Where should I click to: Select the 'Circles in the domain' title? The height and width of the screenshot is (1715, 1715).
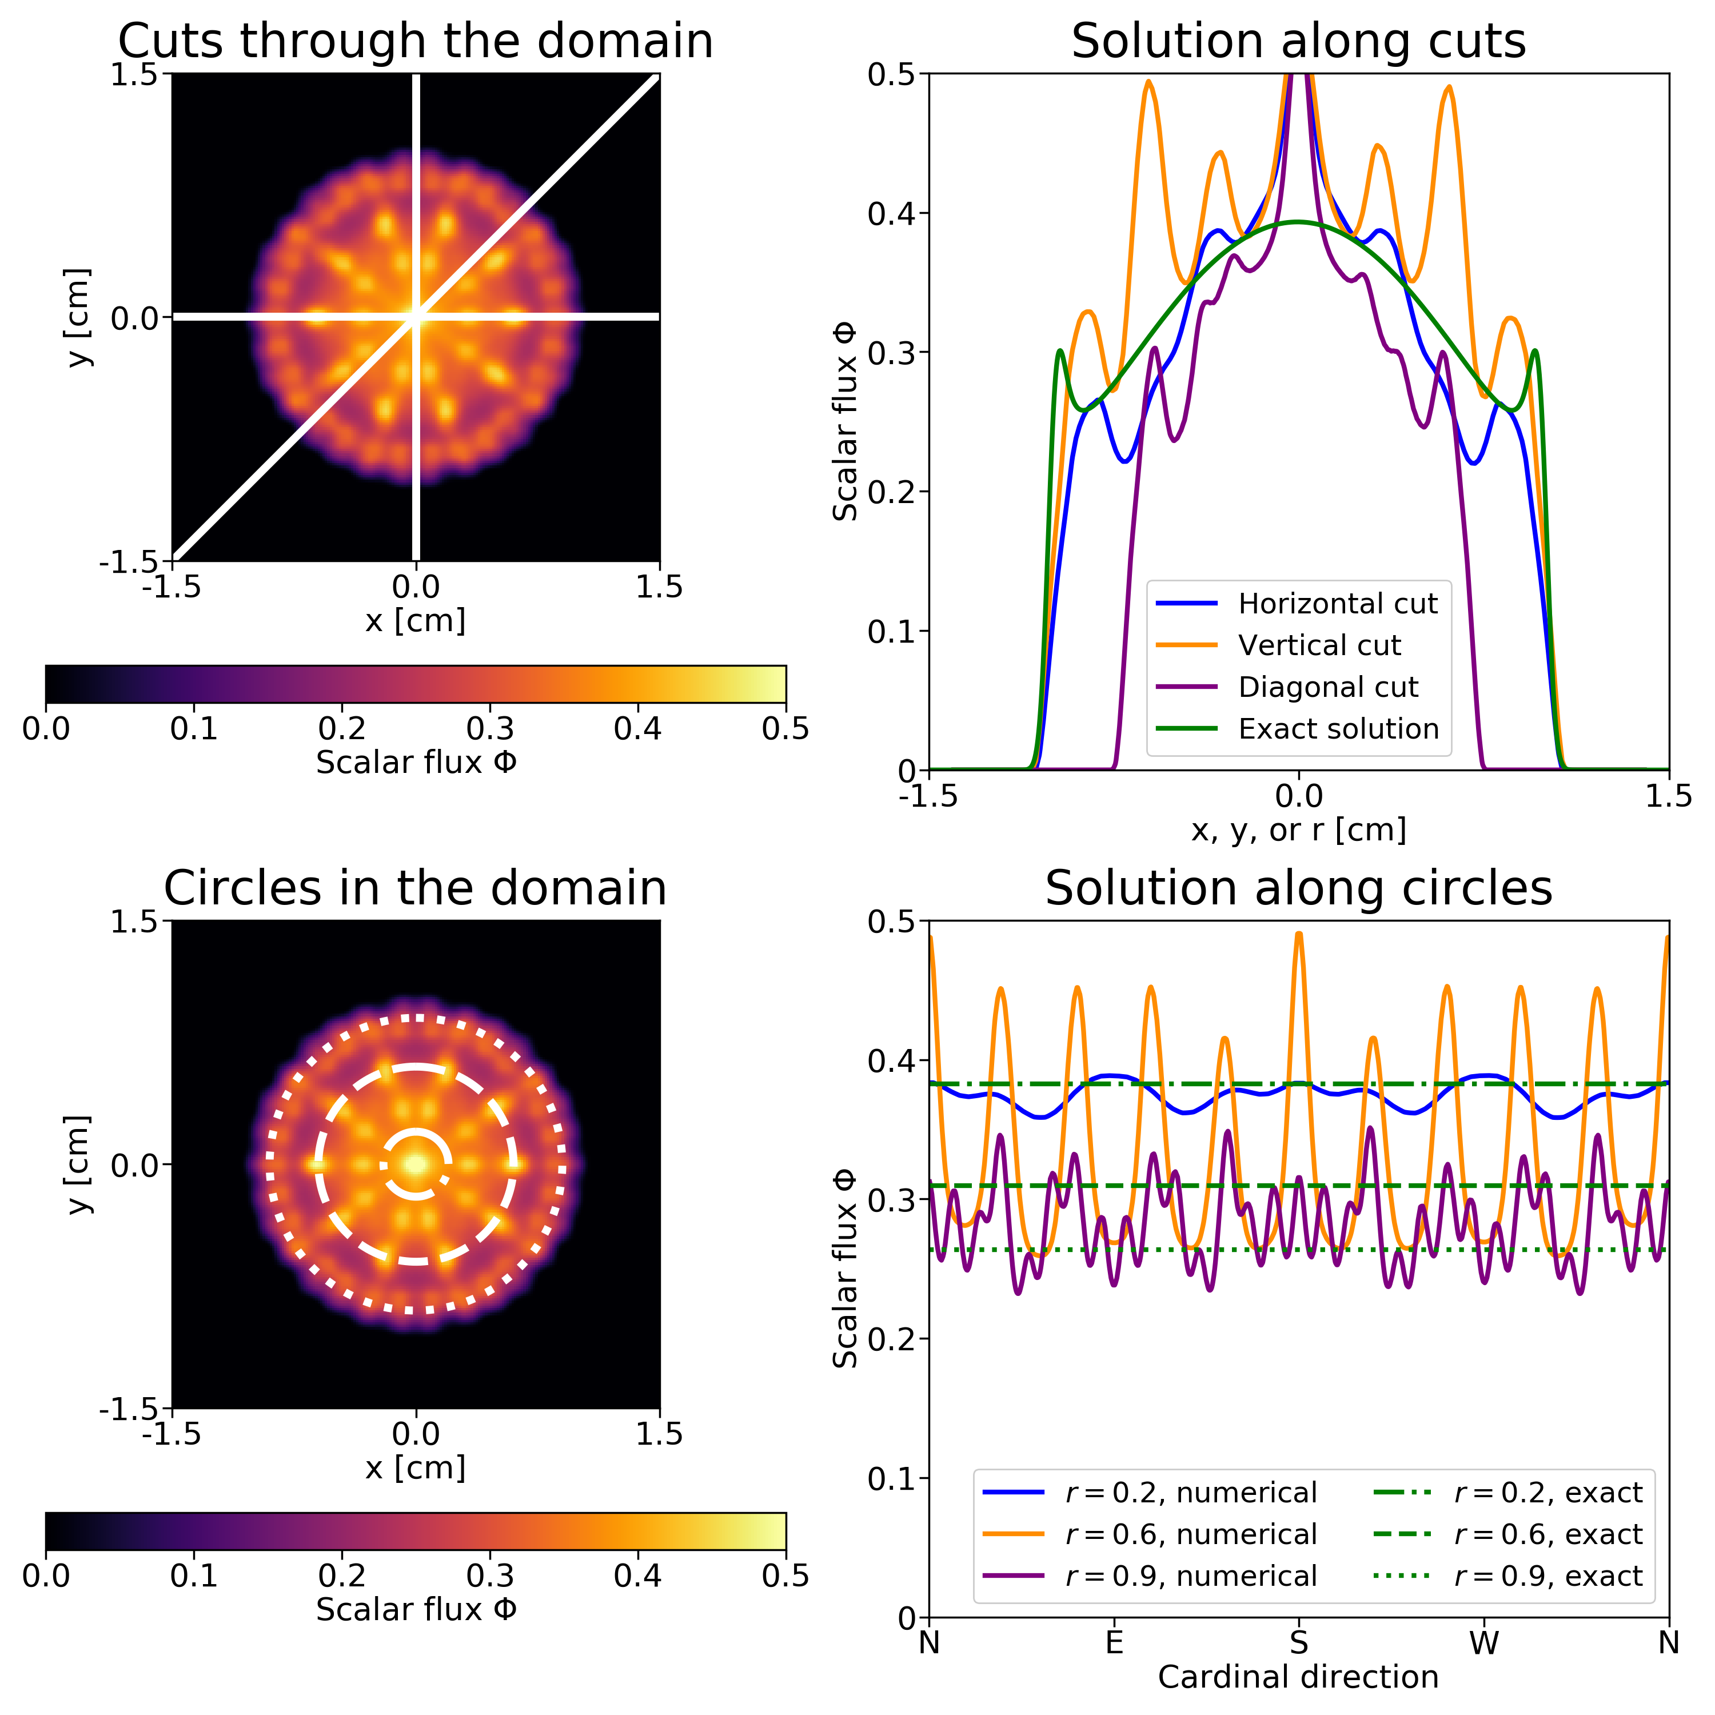pos(416,888)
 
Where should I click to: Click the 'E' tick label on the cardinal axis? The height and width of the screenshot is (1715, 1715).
pos(1114,1643)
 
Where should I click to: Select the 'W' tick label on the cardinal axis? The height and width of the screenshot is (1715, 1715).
pos(1483,1643)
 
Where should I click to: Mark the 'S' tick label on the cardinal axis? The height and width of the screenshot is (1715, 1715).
pos(1299,1643)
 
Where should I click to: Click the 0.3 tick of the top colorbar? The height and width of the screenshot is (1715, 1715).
pos(490,729)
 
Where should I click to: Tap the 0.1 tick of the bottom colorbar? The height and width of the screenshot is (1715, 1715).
pos(194,1576)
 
